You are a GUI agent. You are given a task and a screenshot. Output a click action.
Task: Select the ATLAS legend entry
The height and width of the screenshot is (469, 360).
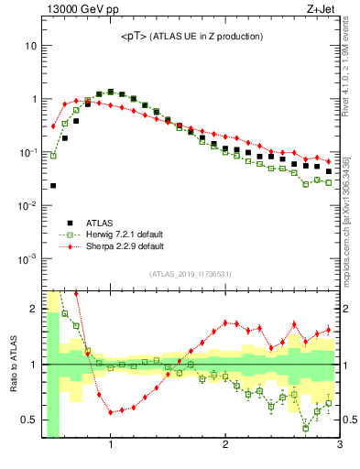[x=101, y=222]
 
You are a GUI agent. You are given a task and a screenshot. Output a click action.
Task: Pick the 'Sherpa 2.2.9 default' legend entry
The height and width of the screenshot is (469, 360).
[x=125, y=246]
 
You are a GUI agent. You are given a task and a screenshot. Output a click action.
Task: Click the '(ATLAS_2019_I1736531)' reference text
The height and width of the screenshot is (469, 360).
[x=190, y=273]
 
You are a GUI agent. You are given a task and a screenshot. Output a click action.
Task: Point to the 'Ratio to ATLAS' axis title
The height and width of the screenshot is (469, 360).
[x=12, y=364]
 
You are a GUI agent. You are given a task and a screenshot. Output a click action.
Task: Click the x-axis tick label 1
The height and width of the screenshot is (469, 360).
[x=111, y=446]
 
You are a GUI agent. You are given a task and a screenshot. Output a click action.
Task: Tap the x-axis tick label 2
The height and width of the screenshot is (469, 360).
[x=225, y=446]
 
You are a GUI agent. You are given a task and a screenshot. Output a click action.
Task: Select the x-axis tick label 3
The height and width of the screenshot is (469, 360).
[x=339, y=446]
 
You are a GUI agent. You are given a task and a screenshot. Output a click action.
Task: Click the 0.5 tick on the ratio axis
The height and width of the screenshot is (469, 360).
[x=28, y=420]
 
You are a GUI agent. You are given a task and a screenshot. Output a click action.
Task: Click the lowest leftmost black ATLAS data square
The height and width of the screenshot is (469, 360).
[x=53, y=185]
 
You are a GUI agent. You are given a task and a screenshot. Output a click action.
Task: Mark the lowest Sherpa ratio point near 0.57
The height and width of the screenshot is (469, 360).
[x=111, y=412]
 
